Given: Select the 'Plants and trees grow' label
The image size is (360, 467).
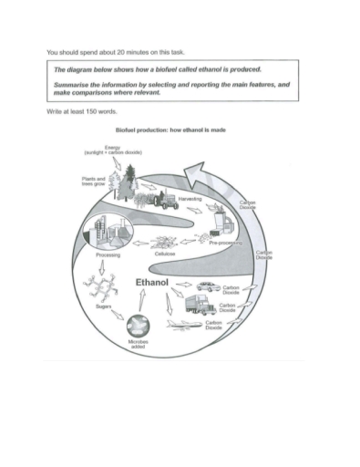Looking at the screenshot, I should (95, 182).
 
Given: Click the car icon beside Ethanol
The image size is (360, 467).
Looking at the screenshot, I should (205, 286).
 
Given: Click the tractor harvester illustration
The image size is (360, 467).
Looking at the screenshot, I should (164, 201).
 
